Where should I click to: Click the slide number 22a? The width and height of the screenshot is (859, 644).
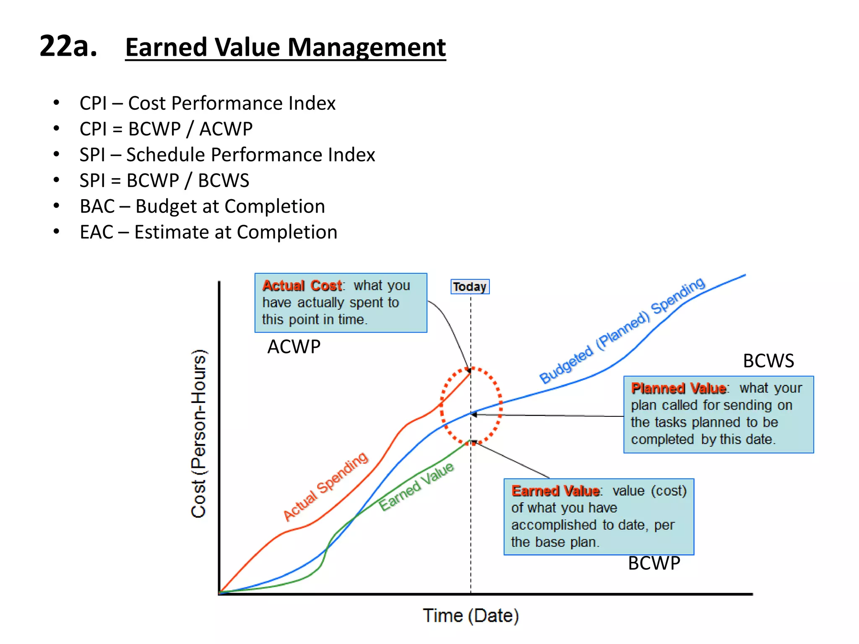[x=68, y=46]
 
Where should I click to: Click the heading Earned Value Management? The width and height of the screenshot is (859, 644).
[x=285, y=47]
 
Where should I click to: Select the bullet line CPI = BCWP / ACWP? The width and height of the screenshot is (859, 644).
[x=166, y=129]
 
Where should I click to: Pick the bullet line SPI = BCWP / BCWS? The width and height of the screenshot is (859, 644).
[x=164, y=180]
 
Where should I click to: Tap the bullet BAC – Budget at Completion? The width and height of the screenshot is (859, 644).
[x=202, y=206]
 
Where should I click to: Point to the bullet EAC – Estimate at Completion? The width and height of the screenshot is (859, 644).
[x=208, y=232]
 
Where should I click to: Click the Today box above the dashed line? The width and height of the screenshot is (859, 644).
[x=470, y=287]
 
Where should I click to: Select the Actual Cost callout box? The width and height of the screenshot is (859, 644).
[x=341, y=303]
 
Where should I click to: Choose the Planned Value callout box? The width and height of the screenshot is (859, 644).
[x=718, y=414]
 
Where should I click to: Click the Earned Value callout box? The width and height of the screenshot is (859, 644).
[x=599, y=517]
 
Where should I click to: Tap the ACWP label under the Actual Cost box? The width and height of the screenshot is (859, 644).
[x=294, y=347]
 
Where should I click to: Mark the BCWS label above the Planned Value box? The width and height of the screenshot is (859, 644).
[x=768, y=361]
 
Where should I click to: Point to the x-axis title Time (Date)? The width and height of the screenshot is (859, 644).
[x=471, y=616]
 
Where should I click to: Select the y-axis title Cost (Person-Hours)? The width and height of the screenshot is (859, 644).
[x=198, y=434]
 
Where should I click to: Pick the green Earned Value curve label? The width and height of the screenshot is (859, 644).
[x=416, y=486]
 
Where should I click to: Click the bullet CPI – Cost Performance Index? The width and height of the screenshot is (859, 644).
[x=208, y=103]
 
